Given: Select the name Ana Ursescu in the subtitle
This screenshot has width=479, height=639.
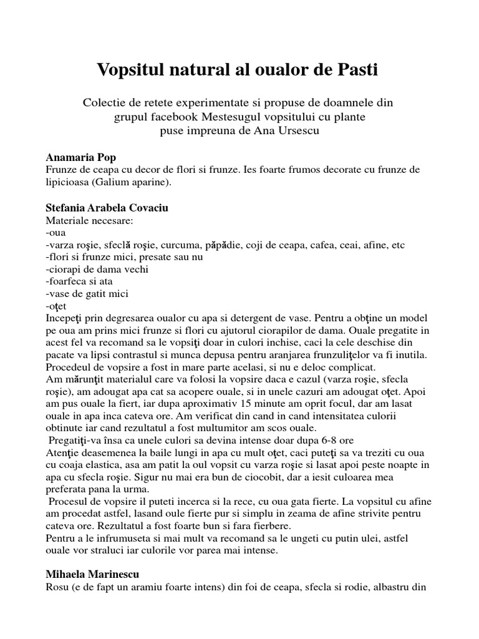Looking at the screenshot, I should click(x=291, y=130).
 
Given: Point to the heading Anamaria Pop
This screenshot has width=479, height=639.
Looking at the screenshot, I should click(x=81, y=157).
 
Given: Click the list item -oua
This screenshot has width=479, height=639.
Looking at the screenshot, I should click(x=56, y=232).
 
